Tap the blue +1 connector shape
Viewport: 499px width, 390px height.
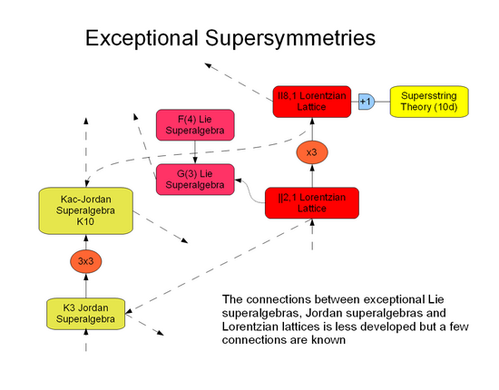[366, 102]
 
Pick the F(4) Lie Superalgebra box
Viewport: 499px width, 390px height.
[195, 124]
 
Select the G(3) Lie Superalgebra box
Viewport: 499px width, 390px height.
[195, 179]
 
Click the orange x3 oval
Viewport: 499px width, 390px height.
[312, 151]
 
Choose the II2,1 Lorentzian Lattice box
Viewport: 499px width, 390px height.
[312, 202]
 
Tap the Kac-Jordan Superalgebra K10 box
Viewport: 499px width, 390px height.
[87, 209]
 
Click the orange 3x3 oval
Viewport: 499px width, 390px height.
[87, 261]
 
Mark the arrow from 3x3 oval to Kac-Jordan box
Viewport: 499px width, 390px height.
[87, 239]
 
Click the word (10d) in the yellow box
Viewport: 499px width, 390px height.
[449, 108]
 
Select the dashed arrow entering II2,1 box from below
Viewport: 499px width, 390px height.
[312, 232]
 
